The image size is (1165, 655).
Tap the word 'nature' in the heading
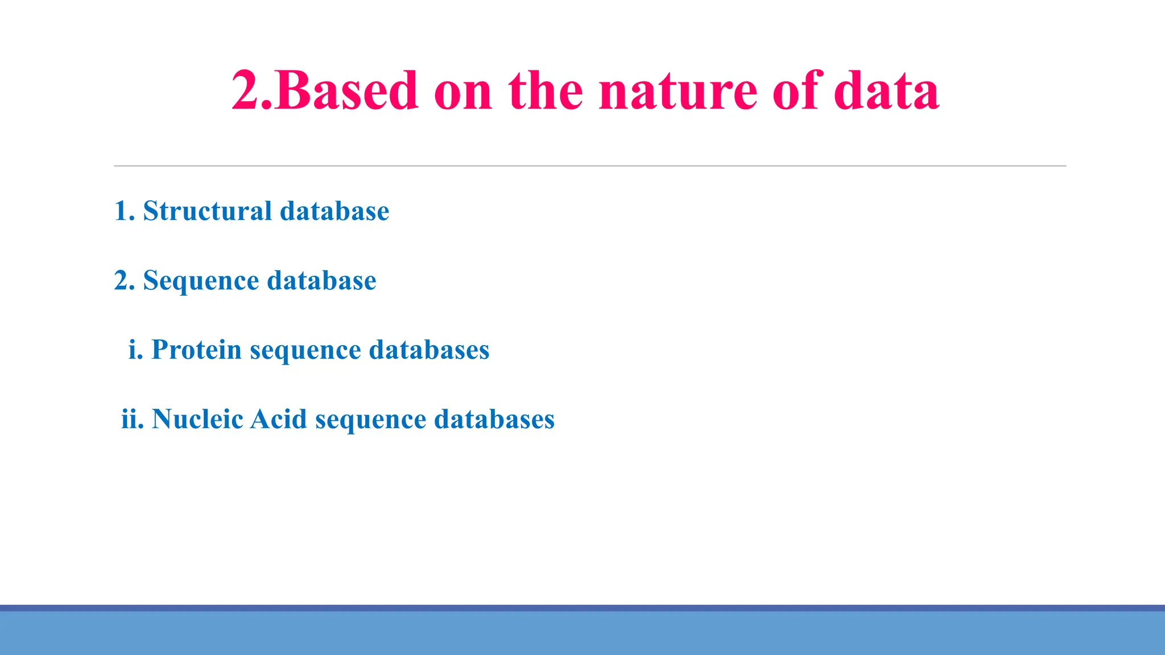[x=678, y=91]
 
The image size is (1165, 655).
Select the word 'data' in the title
[x=886, y=91]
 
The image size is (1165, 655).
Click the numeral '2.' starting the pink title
[x=253, y=91]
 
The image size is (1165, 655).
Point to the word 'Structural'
[x=208, y=211]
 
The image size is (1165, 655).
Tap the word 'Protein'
[x=196, y=350]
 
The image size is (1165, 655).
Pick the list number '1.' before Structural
[x=125, y=211]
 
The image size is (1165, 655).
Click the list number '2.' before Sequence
[x=125, y=281]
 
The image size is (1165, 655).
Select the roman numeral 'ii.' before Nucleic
[x=132, y=419]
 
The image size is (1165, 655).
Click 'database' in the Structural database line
[x=334, y=211]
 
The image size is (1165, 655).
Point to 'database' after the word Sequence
[x=321, y=281]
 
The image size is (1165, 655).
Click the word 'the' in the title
[x=546, y=91]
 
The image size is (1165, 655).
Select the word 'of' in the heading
[x=796, y=91]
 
